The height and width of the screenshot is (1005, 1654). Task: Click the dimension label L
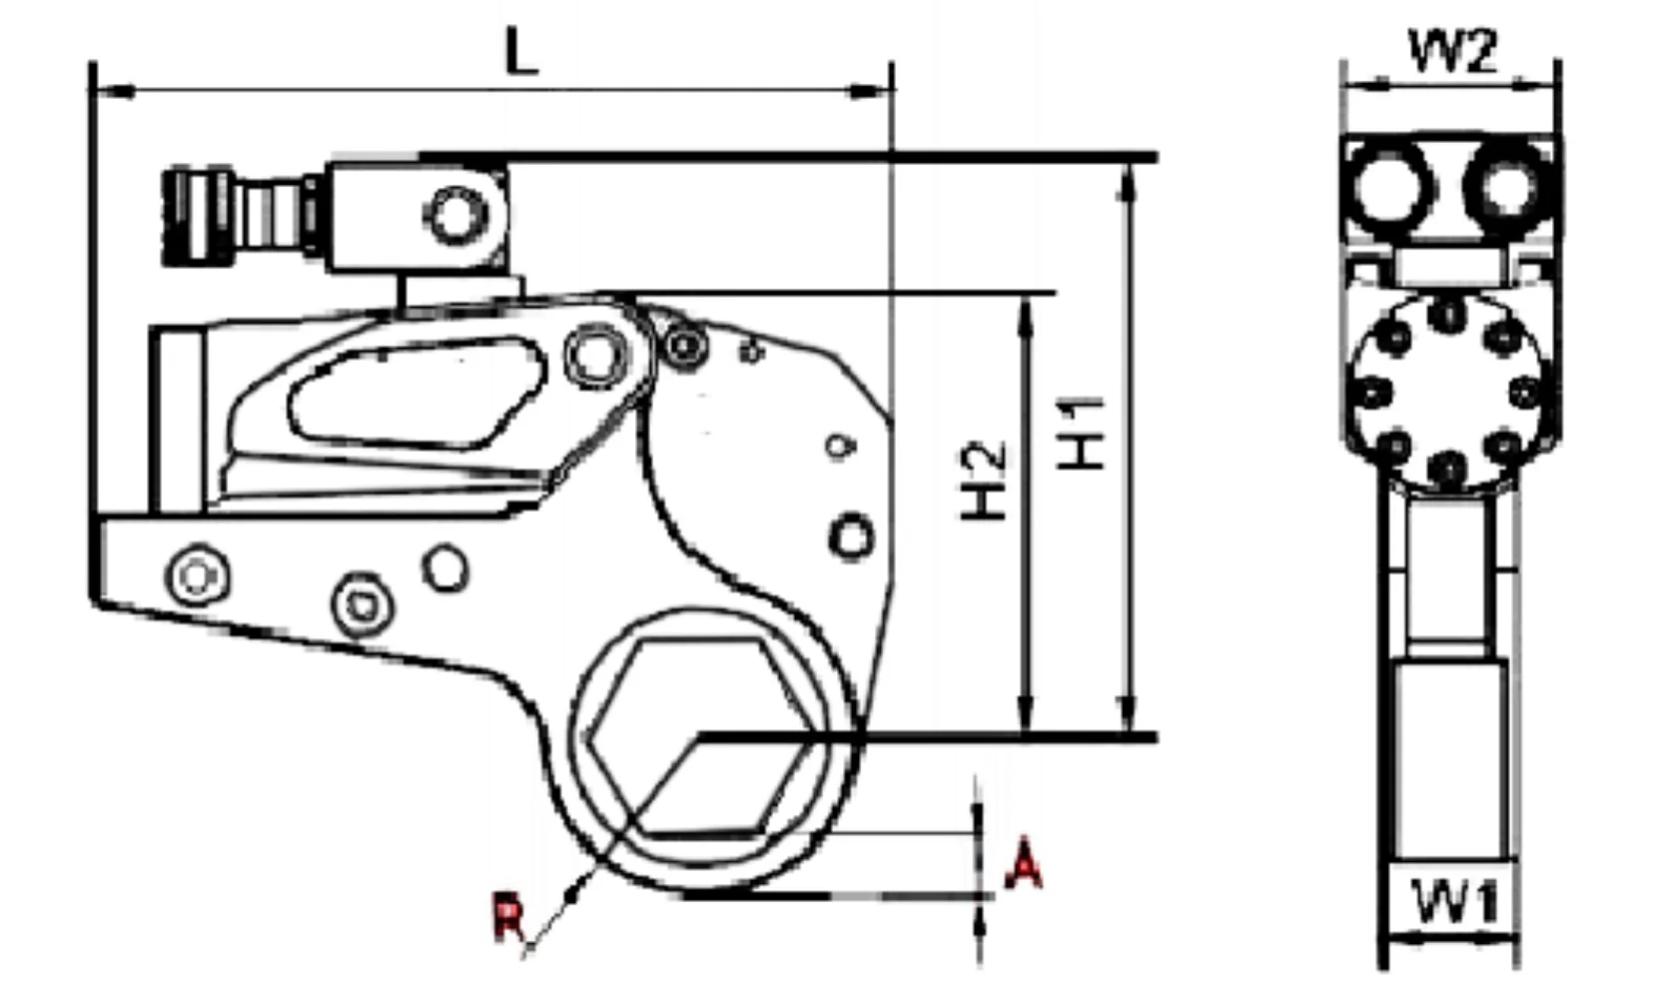pos(520,52)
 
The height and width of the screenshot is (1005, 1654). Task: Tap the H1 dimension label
pos(1084,433)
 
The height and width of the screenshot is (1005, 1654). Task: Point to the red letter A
pos(1022,865)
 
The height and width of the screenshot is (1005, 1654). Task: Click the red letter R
pos(508,918)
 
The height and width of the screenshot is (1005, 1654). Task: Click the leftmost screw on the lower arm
pos(198,576)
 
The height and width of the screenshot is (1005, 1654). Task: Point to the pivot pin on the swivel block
pos(457,216)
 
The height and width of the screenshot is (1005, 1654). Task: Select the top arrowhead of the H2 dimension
pos(1025,311)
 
